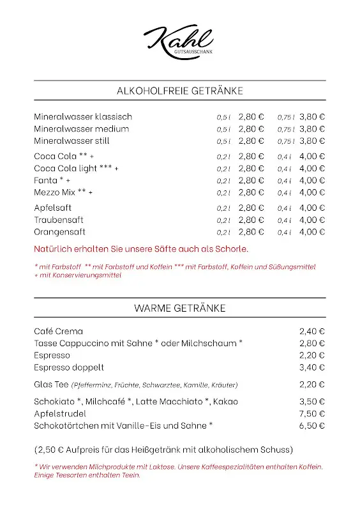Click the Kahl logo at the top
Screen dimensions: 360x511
pyautogui.click(x=179, y=40)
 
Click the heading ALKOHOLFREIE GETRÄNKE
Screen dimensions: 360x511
pyautogui.click(x=180, y=91)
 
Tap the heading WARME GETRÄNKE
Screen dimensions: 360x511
pyautogui.click(x=180, y=308)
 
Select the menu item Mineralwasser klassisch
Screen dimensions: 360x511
pyautogui.click(x=83, y=117)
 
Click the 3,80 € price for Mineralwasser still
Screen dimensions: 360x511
pyautogui.click(x=312, y=141)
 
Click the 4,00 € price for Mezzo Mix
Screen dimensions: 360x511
pyautogui.click(x=312, y=192)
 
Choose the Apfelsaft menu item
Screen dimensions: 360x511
pyautogui.click(x=53, y=208)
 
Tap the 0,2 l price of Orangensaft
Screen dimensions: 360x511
pyautogui.click(x=251, y=232)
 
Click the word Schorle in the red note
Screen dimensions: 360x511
pyautogui.click(x=231, y=249)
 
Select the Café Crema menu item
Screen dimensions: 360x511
pyautogui.click(x=59, y=332)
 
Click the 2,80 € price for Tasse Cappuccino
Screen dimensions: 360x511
pyautogui.click(x=312, y=344)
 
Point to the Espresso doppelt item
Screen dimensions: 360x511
pyautogui.click(x=69, y=368)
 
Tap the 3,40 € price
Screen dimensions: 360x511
pyautogui.click(x=312, y=368)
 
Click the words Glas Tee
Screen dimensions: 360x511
pyautogui.click(x=51, y=385)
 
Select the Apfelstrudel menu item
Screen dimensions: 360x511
pyautogui.click(x=60, y=414)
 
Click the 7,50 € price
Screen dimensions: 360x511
pyautogui.click(x=312, y=414)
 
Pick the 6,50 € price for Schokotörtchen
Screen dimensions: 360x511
pyautogui.click(x=312, y=425)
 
